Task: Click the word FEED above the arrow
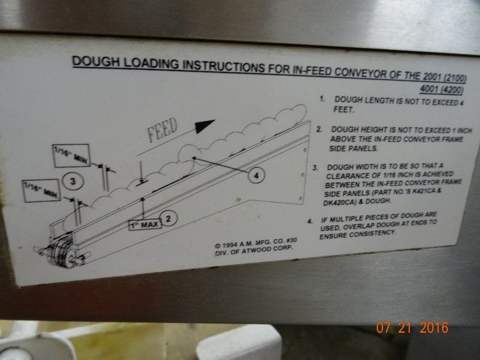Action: click(x=162, y=130)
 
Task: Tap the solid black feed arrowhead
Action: click(x=204, y=125)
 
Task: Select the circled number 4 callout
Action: click(x=256, y=175)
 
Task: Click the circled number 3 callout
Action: click(x=73, y=182)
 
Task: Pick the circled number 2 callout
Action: click(x=168, y=219)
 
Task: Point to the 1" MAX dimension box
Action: click(x=145, y=225)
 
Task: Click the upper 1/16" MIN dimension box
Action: click(x=72, y=155)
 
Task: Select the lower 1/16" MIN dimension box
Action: click(x=41, y=191)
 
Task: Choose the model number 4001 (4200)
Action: click(x=441, y=90)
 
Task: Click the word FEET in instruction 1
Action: click(x=343, y=109)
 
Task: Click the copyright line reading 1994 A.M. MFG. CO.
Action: click(x=256, y=243)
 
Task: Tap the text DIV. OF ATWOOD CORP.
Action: click(x=253, y=251)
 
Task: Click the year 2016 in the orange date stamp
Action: click(x=434, y=327)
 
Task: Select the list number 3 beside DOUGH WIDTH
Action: click(x=315, y=168)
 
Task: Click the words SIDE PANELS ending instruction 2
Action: click(x=353, y=149)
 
